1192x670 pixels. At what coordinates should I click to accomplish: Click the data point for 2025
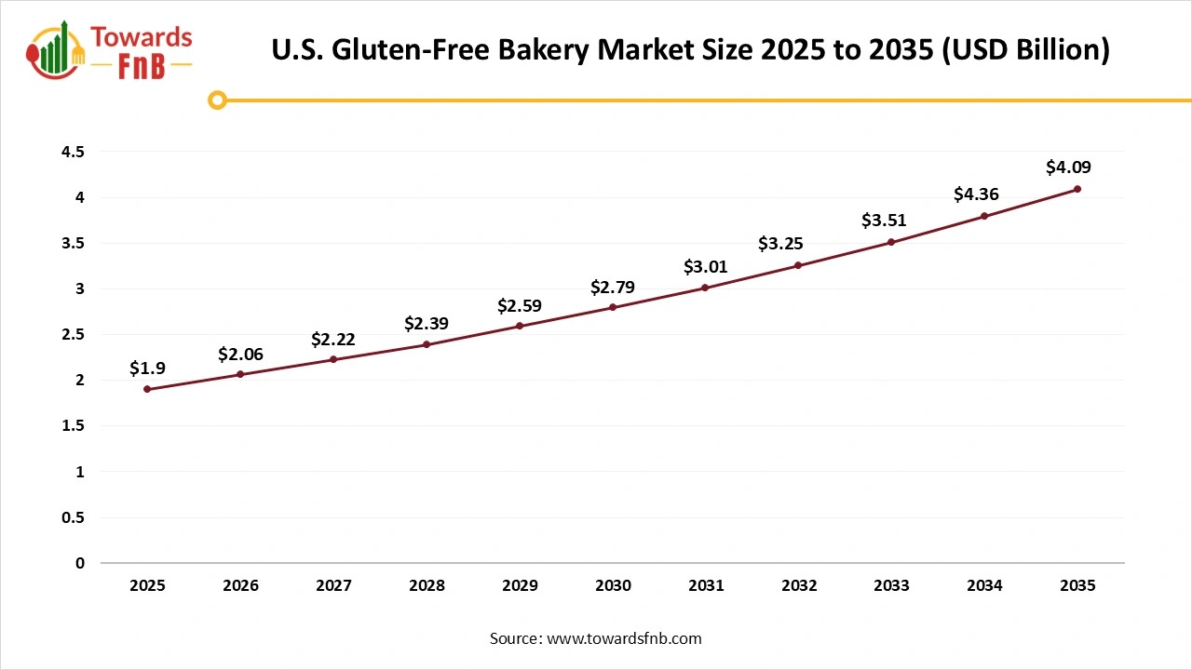tap(147, 389)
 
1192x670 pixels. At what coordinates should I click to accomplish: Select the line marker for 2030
tap(613, 307)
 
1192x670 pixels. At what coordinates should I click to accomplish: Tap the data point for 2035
tap(1077, 189)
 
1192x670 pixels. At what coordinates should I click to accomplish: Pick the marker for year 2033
tap(891, 242)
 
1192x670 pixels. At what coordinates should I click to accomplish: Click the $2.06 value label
tap(240, 355)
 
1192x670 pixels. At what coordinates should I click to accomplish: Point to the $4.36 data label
tap(976, 194)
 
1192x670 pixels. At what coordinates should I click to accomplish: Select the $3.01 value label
tap(706, 267)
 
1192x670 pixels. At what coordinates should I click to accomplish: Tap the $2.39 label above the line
tap(427, 323)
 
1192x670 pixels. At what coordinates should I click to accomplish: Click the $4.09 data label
tap(1068, 167)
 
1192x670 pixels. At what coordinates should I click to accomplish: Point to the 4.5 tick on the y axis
tap(73, 152)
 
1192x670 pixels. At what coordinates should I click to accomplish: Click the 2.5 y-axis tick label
tap(73, 334)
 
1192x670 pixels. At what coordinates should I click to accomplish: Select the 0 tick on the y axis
tap(79, 563)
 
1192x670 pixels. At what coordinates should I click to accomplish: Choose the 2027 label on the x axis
tap(333, 585)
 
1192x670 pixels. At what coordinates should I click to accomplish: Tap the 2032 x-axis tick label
tap(799, 585)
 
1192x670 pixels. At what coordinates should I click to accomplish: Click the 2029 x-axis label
tap(520, 585)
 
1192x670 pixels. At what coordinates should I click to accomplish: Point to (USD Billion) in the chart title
tap(1024, 50)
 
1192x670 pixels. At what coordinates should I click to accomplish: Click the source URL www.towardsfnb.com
tap(624, 638)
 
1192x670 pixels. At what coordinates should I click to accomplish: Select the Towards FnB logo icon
tap(56, 48)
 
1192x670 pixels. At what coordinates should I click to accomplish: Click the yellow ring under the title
tap(217, 100)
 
